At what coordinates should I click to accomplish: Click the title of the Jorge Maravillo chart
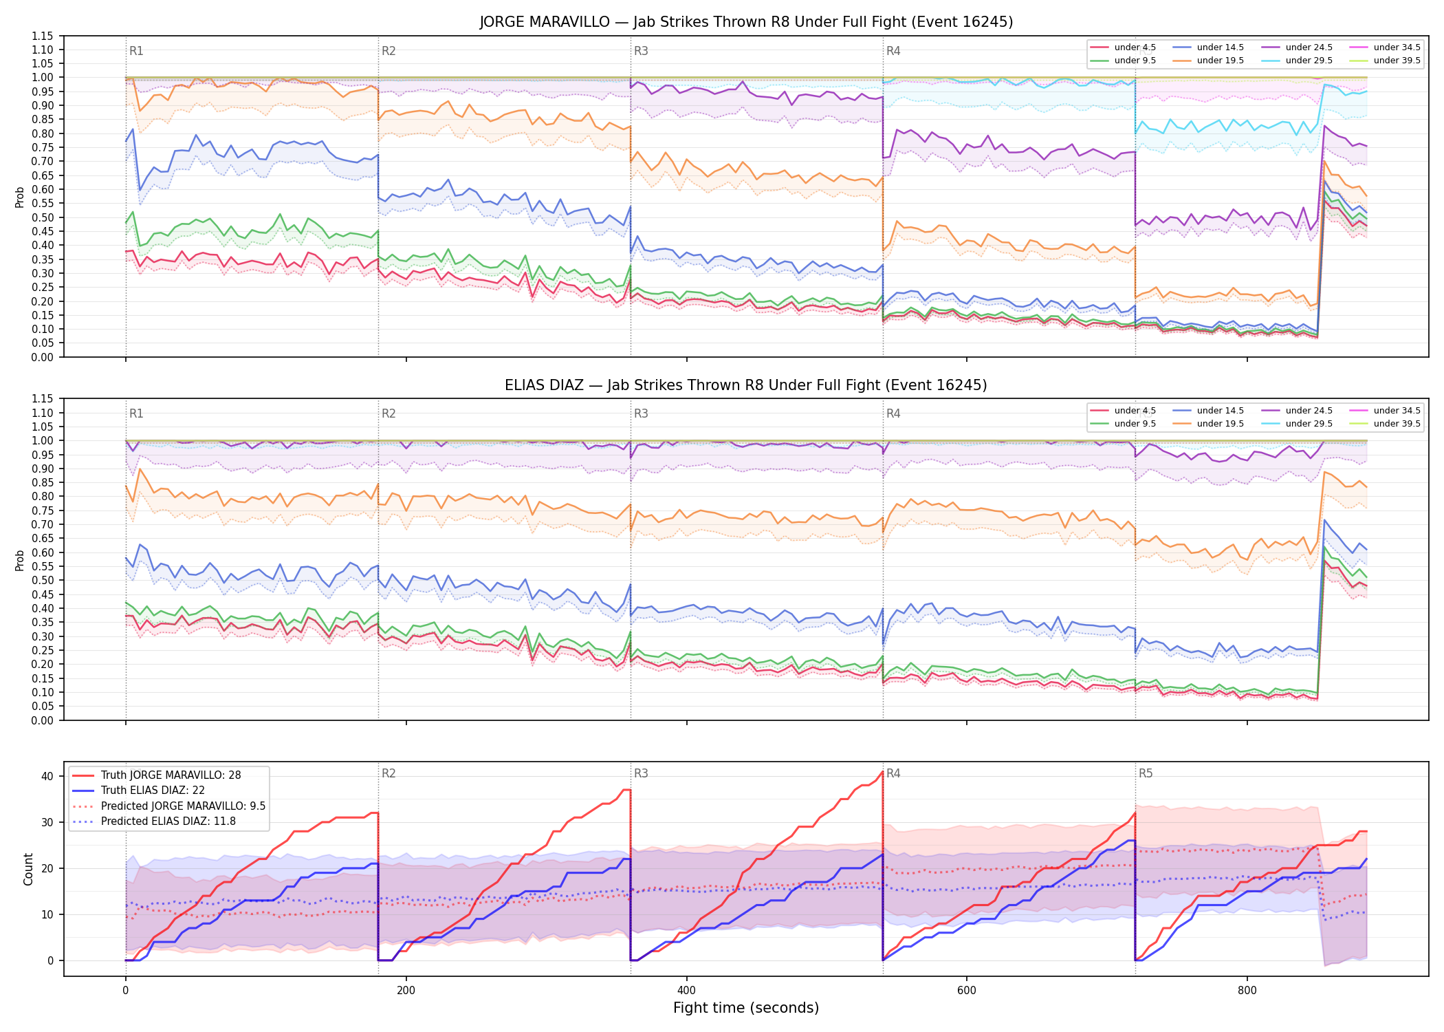pos(746,22)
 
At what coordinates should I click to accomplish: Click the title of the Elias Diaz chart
pos(746,385)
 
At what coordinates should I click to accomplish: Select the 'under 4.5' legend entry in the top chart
pos(1124,47)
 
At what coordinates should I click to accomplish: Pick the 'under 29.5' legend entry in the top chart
pos(1298,61)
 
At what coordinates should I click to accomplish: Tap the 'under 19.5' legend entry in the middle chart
pos(1208,424)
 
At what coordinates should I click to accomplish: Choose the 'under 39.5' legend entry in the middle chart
pos(1386,424)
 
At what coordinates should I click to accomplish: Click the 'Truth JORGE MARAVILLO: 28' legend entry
pos(157,775)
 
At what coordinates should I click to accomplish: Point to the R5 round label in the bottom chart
pos(1146,773)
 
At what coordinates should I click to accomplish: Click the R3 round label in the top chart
pos(641,51)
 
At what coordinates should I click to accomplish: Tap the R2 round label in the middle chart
pos(389,413)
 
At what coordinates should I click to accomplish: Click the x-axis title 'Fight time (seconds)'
pos(746,1008)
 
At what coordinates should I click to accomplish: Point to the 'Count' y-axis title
pos(28,869)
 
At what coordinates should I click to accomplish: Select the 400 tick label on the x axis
pos(686,991)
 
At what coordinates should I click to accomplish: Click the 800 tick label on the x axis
pos(1247,991)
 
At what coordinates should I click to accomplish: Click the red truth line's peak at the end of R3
pos(882,772)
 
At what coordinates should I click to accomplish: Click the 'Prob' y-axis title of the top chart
pos(20,197)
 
